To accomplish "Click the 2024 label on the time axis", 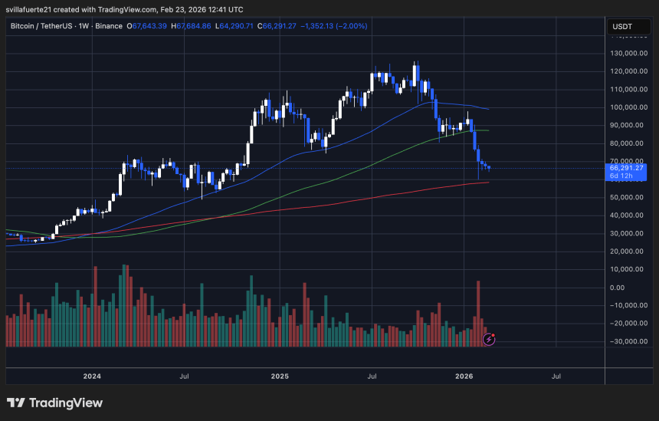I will (x=92, y=377).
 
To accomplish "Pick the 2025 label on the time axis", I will (x=279, y=377).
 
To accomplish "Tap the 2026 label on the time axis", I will (x=464, y=377).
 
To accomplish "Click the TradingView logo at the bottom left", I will (x=54, y=403).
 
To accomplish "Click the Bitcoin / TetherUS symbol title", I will (x=45, y=26).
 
